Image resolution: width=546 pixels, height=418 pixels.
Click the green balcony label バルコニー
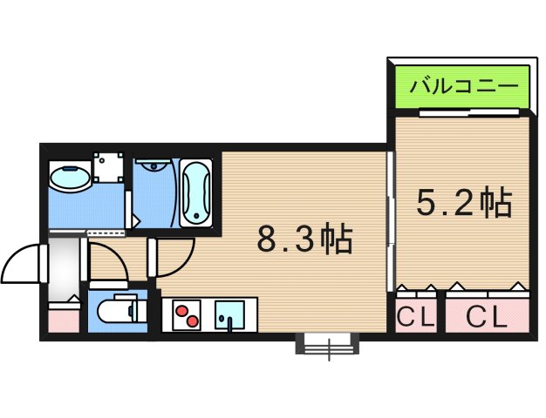[460, 88]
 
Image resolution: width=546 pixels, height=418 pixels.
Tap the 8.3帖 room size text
[304, 237]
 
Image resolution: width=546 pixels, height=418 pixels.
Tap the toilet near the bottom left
[114, 311]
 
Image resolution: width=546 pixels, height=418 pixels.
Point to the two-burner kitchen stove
[188, 314]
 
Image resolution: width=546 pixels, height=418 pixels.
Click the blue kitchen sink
[229, 313]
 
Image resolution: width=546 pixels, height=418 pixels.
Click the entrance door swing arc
[21, 263]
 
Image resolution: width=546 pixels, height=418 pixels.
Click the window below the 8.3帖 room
[329, 346]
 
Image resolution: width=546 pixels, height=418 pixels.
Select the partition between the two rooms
[389, 222]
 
